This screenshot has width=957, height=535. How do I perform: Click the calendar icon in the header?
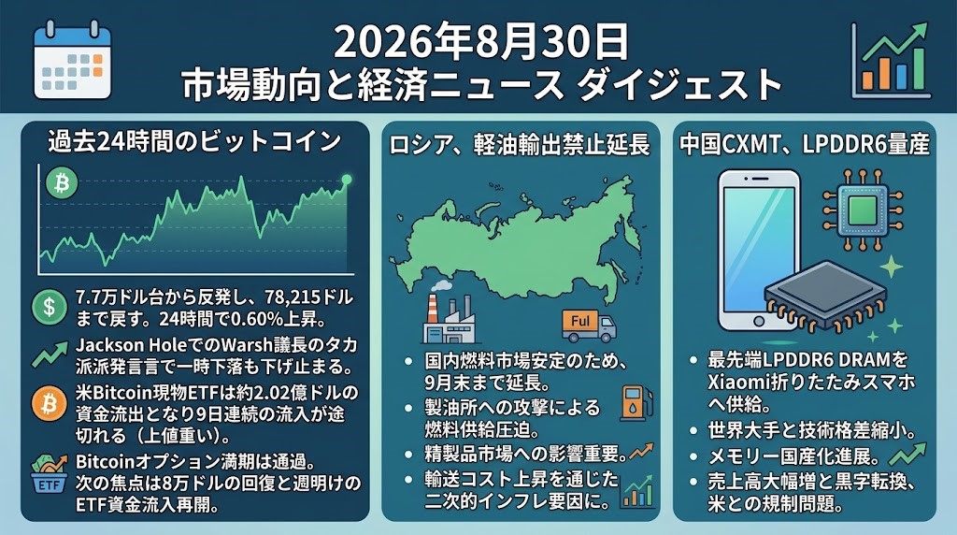pos(72,60)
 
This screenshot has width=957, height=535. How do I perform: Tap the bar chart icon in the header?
pos(891,60)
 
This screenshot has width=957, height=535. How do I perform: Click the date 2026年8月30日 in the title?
pos(481,41)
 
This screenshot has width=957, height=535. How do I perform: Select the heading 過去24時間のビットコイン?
pos(194,141)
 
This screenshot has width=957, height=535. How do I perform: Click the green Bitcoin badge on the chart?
pos(62,183)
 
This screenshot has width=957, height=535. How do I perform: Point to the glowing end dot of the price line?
pos(346,180)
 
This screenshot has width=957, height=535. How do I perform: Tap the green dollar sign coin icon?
pos(50,307)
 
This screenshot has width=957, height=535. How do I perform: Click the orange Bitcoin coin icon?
pos(50,404)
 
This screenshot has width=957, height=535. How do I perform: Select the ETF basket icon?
pos(49,473)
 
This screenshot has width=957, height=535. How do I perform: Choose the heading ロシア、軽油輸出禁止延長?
pos(520,145)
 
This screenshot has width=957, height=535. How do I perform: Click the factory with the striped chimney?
pos(451,316)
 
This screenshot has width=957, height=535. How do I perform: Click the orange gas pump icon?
pos(636,404)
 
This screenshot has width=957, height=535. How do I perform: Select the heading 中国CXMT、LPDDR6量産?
pos(805,144)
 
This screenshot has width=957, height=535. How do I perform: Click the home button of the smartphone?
pos(759,321)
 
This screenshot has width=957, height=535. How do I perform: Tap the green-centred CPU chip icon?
pos(862,210)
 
